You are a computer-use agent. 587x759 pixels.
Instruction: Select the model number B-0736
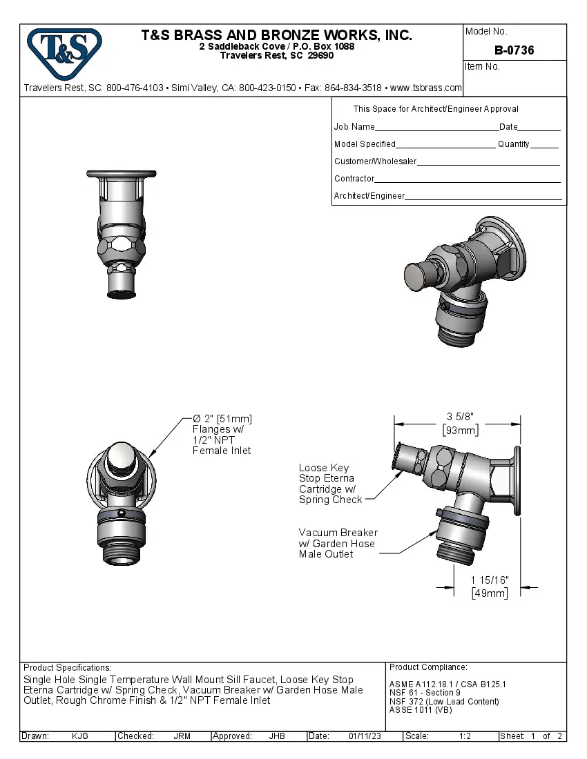point(514,50)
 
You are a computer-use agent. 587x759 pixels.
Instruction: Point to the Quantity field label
point(513,144)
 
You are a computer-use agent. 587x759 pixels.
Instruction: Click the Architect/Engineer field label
point(369,196)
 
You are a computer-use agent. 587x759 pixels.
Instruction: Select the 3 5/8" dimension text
point(460,416)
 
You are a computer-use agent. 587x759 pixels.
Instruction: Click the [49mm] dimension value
point(490,593)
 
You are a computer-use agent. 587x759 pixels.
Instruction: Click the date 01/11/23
point(364,736)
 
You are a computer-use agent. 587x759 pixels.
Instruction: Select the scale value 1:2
point(465,736)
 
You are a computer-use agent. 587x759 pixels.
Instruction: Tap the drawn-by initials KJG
point(80,736)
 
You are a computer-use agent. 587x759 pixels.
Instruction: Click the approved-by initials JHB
point(277,736)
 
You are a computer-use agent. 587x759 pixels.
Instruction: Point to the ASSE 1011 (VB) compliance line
point(421,710)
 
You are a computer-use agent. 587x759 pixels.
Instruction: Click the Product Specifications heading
point(67,668)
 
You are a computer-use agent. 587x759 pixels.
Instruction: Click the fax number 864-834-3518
point(353,88)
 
